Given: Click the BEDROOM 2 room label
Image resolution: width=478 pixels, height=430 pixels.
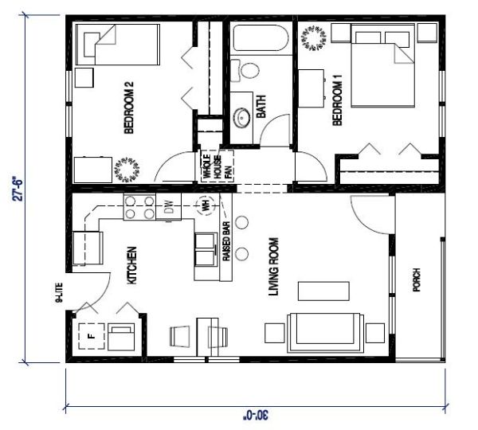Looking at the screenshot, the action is coord(129,107).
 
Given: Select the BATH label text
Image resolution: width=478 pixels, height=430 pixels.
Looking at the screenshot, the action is coord(261,107).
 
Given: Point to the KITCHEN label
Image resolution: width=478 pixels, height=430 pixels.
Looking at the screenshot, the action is coord(131,265).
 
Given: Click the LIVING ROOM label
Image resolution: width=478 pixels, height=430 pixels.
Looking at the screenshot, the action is coord(273,267).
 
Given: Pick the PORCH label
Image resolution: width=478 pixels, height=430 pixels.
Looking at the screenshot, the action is coord(417,279).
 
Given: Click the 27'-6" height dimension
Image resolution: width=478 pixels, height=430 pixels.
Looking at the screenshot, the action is coord(18,189).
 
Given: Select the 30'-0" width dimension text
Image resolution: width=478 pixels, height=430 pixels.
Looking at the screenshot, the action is coord(256,415).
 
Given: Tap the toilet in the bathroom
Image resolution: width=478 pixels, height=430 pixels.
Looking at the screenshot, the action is coord(245,71).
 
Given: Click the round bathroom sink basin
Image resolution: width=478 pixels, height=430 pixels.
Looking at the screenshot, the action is coord(242,118).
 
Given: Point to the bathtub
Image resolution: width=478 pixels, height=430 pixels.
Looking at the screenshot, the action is coord(261,38).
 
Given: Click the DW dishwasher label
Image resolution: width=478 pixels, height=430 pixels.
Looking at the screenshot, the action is coord(169,206).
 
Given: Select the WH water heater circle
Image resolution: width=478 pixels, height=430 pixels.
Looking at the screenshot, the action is coord(206,205).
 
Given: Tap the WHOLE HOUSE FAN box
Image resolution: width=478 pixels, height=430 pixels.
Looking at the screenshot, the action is coord(217,166).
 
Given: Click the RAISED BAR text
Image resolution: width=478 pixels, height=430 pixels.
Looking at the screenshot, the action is coord(226,241).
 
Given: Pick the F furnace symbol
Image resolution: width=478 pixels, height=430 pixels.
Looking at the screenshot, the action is coord(92,336).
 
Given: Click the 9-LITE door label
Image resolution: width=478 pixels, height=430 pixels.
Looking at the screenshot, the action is coord(59,293).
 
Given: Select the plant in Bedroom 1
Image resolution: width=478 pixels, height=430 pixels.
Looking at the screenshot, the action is coord(314,38).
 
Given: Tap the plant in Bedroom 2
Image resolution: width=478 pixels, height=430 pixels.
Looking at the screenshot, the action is coord(127,170).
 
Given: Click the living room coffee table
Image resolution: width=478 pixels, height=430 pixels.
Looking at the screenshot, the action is coord(323,291).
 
